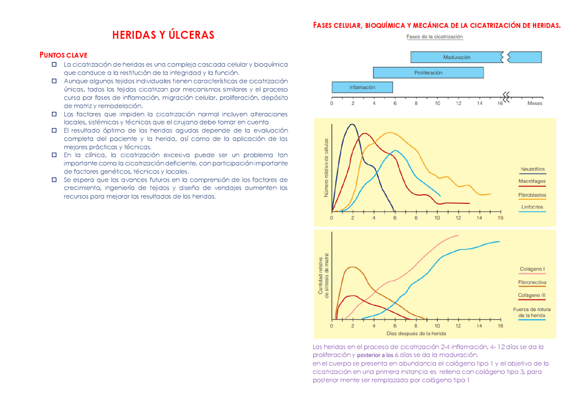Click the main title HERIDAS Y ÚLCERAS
pyautogui.click(x=163, y=35)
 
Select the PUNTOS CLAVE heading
pyautogui.click(x=63, y=55)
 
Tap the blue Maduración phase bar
pyautogui.click(x=457, y=57)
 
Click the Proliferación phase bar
pyautogui.click(x=428, y=73)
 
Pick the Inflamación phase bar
pyautogui.click(x=362, y=87)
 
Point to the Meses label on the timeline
pyautogui.click(x=534, y=104)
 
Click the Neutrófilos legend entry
pyautogui.click(x=532, y=169)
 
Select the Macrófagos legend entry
pyautogui.click(x=532, y=181)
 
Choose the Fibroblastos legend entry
pyautogui.click(x=532, y=195)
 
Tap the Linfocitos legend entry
pyautogui.click(x=532, y=207)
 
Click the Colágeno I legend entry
pyautogui.click(x=532, y=269)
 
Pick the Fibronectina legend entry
pyautogui.click(x=532, y=282)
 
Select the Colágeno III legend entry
pyautogui.click(x=532, y=295)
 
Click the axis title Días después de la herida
pyautogui.click(x=416, y=334)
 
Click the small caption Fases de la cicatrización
pyautogui.click(x=434, y=37)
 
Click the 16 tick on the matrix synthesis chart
pyautogui.click(x=500, y=326)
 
